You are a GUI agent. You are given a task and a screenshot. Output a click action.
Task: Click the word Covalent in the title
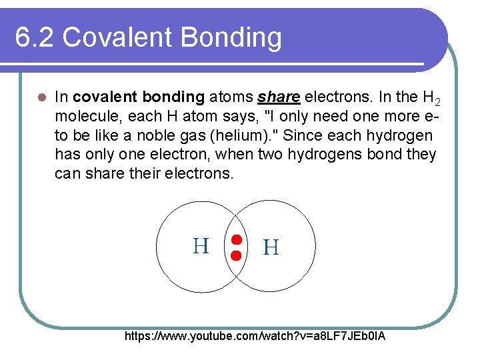coord(119,38)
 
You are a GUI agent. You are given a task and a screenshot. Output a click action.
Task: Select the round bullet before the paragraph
coord(41,97)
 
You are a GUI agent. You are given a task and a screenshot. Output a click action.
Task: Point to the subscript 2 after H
coord(437,102)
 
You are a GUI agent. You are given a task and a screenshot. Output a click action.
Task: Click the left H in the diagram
coord(201,247)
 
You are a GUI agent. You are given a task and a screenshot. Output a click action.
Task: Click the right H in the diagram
coord(271,248)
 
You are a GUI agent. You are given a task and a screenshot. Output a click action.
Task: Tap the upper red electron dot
coord(235,240)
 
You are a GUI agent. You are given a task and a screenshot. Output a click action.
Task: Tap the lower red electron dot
coord(235,255)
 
